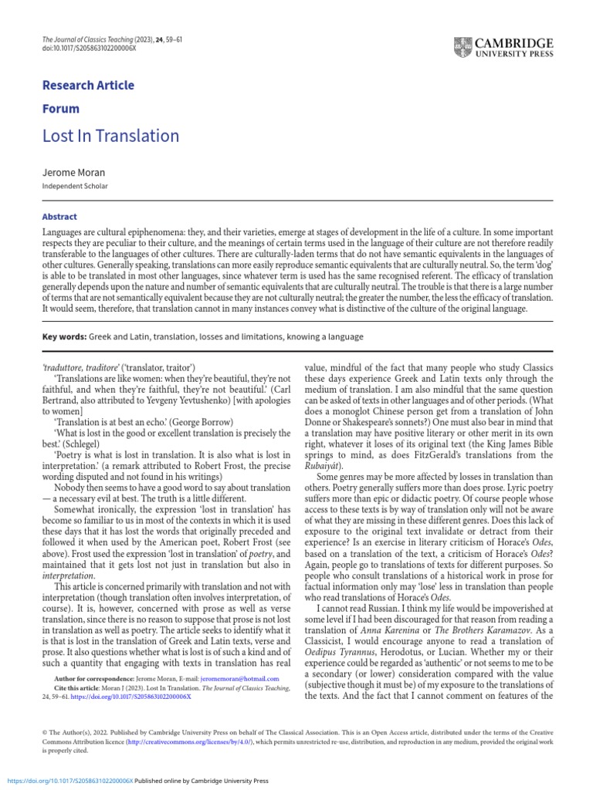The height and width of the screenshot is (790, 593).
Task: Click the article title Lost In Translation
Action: (110, 137)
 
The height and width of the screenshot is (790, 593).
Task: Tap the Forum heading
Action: (60, 109)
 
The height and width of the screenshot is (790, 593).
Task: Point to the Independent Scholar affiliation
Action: (75, 187)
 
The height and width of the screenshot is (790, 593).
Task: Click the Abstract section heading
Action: (59, 217)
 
